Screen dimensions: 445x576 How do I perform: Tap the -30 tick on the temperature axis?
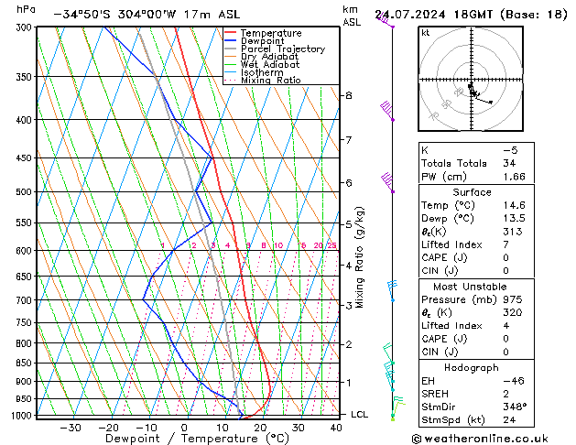(70, 428)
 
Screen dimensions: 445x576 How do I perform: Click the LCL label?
(360, 415)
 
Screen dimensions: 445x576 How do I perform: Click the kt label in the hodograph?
(426, 33)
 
